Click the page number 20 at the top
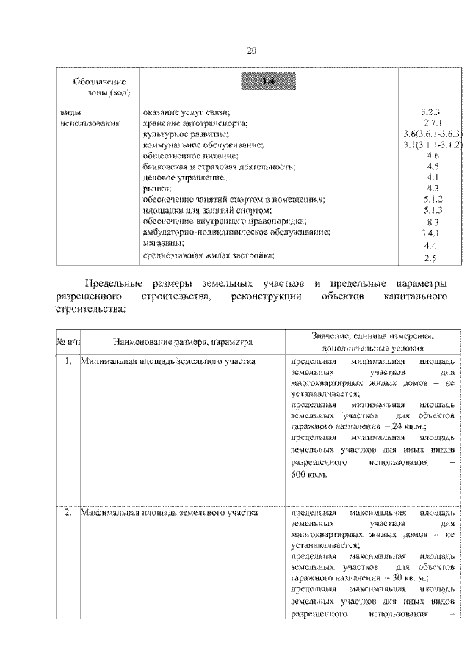point(251,50)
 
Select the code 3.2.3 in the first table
point(430,112)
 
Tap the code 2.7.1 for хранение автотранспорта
point(430,123)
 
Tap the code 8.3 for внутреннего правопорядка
point(432,221)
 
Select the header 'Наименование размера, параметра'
point(183,341)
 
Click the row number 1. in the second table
point(67,362)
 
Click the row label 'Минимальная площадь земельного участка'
point(168,362)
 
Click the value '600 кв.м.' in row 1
point(309,474)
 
